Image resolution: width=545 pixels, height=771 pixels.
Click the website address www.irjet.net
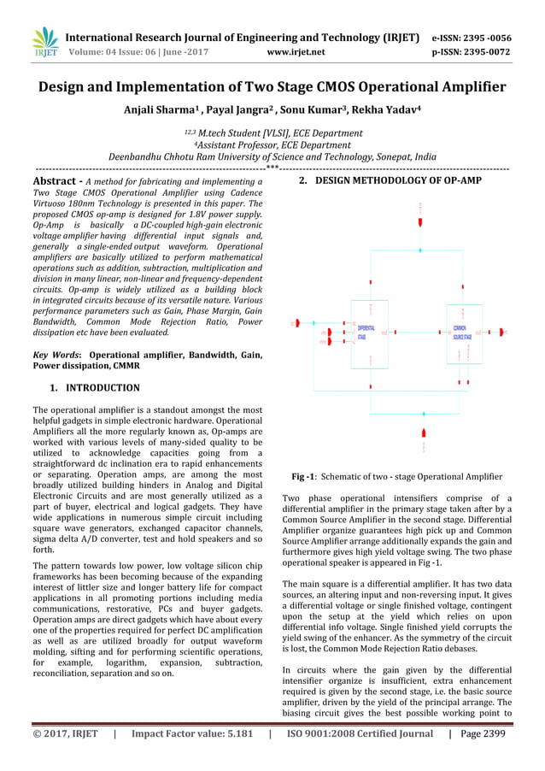(296, 51)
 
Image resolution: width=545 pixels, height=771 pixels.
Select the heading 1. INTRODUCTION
(94, 387)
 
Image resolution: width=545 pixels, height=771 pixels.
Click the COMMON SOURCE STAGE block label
(461, 333)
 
